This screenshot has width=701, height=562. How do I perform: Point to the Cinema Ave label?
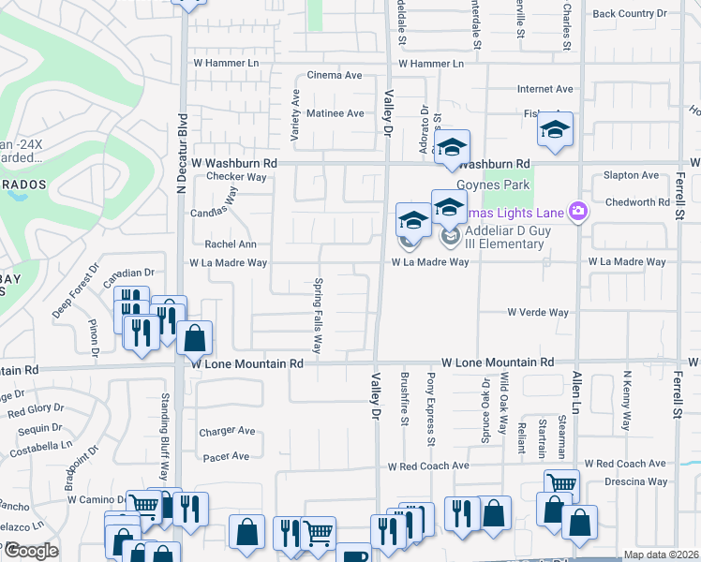click(x=335, y=76)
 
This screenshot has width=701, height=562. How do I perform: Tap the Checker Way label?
click(x=237, y=176)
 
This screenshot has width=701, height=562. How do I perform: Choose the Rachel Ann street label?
click(x=231, y=244)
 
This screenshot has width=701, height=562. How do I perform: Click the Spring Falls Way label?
click(x=318, y=316)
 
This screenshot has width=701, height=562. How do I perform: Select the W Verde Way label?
click(x=538, y=313)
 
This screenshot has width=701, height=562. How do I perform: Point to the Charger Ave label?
click(x=227, y=432)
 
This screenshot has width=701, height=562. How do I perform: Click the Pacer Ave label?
click(x=225, y=456)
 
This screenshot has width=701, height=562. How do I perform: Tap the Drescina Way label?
click(x=635, y=481)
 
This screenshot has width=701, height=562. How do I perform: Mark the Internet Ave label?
click(x=544, y=89)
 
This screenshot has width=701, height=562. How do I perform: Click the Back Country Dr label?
click(x=629, y=14)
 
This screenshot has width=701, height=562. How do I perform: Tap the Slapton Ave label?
click(x=632, y=175)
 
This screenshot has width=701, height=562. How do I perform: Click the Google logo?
click(x=30, y=551)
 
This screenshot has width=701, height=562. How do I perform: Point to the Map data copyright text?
click(x=660, y=555)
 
